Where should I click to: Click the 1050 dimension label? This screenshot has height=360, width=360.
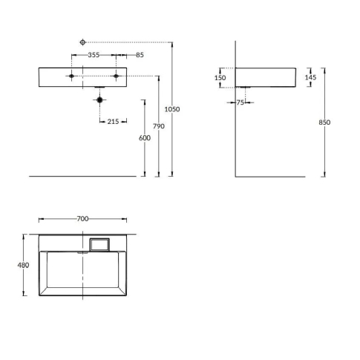[172, 109]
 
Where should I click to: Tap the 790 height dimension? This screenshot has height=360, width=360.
[159, 126]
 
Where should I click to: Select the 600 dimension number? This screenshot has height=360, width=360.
[145, 138]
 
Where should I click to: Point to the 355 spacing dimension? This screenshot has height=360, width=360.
[94, 55]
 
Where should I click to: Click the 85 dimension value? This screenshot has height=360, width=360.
[140, 55]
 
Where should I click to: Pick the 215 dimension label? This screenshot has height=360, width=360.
[113, 122]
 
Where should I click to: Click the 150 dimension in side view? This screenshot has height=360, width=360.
[220, 78]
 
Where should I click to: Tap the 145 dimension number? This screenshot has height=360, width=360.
[310, 77]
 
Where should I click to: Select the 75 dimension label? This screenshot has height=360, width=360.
[240, 102]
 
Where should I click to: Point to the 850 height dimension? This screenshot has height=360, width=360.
[324, 122]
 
